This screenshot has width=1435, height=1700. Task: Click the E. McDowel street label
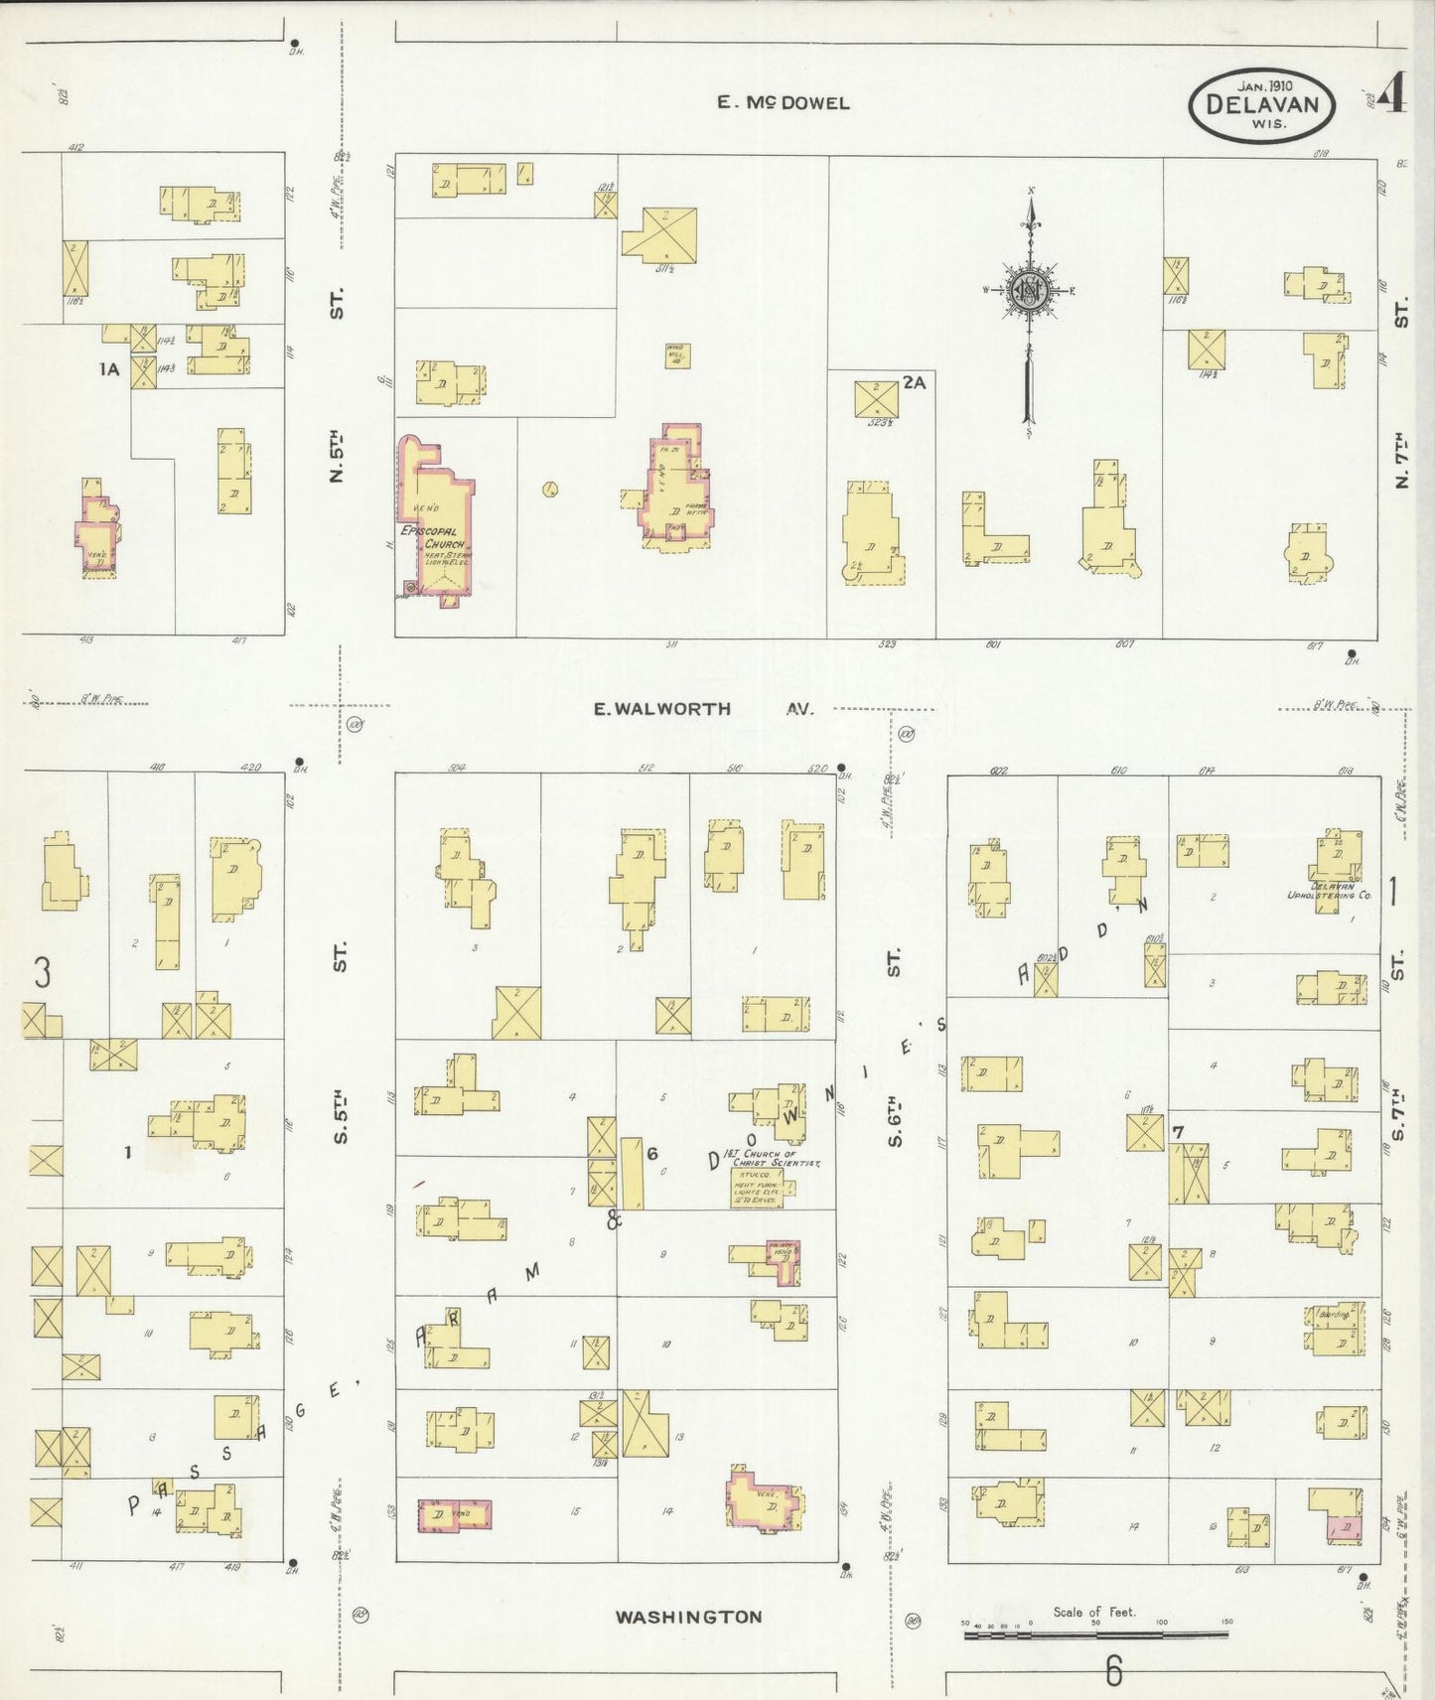pyautogui.click(x=784, y=102)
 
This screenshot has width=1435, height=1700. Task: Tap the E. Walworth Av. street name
pyautogui.click(x=702, y=709)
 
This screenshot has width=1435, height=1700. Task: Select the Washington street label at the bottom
pyautogui.click(x=688, y=1617)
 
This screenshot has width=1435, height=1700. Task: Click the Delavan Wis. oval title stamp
pyautogui.click(x=1261, y=106)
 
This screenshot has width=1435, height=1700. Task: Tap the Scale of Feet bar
pyautogui.click(x=1095, y=1632)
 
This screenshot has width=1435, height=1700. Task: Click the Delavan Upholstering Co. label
pyautogui.click(x=1326, y=891)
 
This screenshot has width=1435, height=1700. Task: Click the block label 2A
pyautogui.click(x=915, y=382)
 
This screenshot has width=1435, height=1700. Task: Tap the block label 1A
pyautogui.click(x=109, y=369)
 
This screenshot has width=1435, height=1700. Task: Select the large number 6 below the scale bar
pyautogui.click(x=1113, y=1671)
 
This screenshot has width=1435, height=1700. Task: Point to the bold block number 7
pyautogui.click(x=1178, y=1132)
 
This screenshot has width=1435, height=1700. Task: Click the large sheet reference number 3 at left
pyautogui.click(x=42, y=974)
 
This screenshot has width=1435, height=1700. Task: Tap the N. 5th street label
pyautogui.click(x=338, y=456)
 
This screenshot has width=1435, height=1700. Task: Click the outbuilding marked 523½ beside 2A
pyautogui.click(x=877, y=399)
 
